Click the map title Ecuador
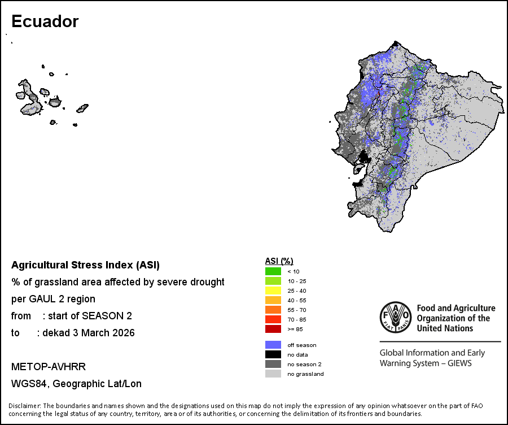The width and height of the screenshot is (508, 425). (x=45, y=21)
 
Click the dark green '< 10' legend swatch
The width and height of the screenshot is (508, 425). (x=273, y=271)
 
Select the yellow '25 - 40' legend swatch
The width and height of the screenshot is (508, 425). (x=273, y=290)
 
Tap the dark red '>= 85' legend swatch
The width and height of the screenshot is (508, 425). (x=273, y=329)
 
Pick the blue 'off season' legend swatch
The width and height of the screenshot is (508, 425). (x=273, y=345)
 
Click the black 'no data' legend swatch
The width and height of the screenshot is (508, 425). (x=273, y=354)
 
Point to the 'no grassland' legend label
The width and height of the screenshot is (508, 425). (x=305, y=374)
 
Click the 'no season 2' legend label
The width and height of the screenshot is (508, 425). (x=304, y=365)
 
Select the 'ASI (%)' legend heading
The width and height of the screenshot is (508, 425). (x=279, y=261)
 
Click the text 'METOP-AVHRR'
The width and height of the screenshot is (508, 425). (x=49, y=367)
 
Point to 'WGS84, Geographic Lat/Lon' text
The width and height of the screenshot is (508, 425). (x=76, y=384)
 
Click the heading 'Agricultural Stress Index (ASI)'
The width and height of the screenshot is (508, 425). (x=85, y=264)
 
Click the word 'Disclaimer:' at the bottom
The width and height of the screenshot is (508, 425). (x=24, y=406)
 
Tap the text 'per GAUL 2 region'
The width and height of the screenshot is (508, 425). (x=53, y=299)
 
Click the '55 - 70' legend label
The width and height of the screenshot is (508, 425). (x=296, y=310)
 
